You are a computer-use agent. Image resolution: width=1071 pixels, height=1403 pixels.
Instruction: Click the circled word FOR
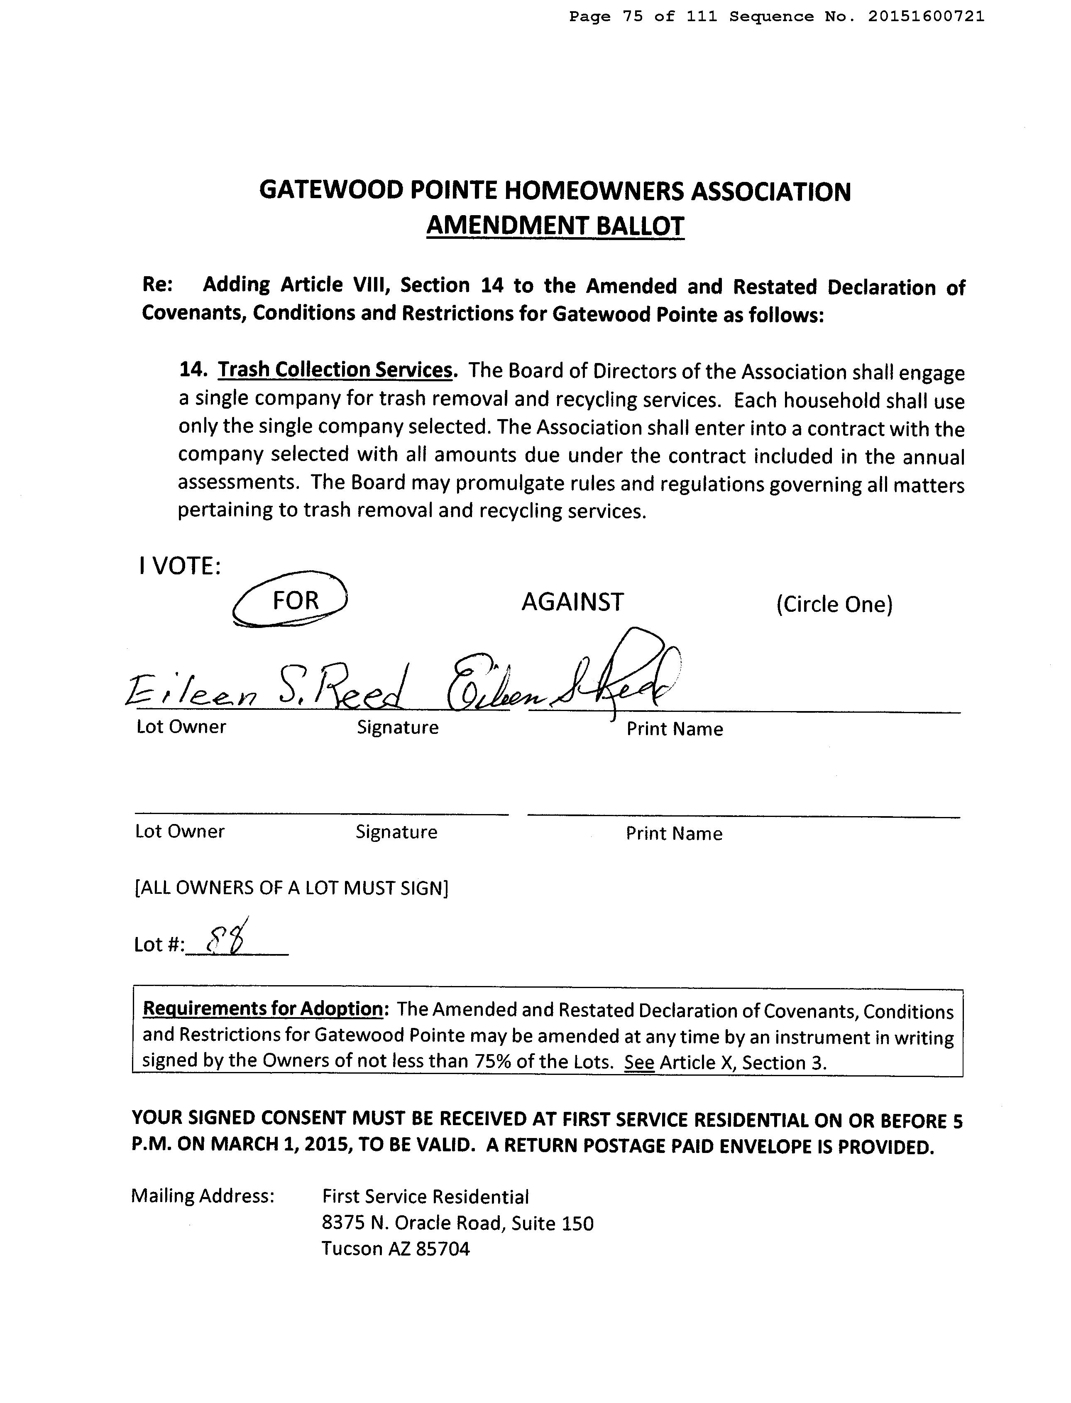coord(295,600)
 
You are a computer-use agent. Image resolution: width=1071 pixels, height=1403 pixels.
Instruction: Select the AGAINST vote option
coord(572,602)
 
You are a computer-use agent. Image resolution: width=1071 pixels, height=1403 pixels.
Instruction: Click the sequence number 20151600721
coord(926,17)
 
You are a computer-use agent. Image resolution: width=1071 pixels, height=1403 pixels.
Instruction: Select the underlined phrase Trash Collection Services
coord(335,370)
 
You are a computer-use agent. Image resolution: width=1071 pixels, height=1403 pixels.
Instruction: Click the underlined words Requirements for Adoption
coord(263,1008)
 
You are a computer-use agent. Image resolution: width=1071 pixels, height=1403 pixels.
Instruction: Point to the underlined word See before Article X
coord(639,1062)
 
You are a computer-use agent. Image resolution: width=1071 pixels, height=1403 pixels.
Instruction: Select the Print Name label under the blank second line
coord(674,834)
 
